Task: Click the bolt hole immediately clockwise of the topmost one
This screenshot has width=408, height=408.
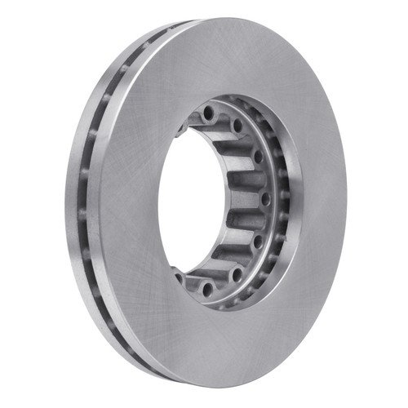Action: (x=237, y=126)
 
